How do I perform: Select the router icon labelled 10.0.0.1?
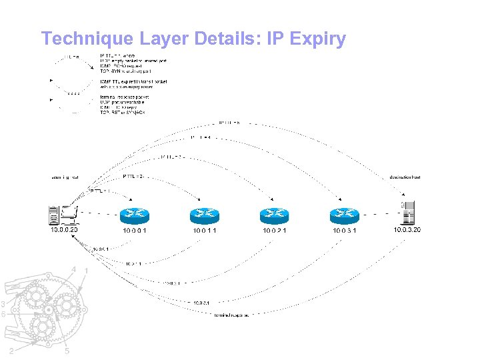click(135, 215)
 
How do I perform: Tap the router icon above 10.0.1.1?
click(204, 215)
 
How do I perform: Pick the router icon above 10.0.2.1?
click(274, 215)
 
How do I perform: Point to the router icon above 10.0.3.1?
click(344, 215)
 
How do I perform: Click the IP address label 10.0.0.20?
click(65, 230)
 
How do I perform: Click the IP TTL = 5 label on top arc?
click(229, 123)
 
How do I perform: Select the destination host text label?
click(405, 177)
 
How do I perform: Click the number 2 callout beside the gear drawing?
click(11, 351)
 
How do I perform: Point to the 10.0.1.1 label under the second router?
click(204, 231)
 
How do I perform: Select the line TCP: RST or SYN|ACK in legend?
click(123, 112)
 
